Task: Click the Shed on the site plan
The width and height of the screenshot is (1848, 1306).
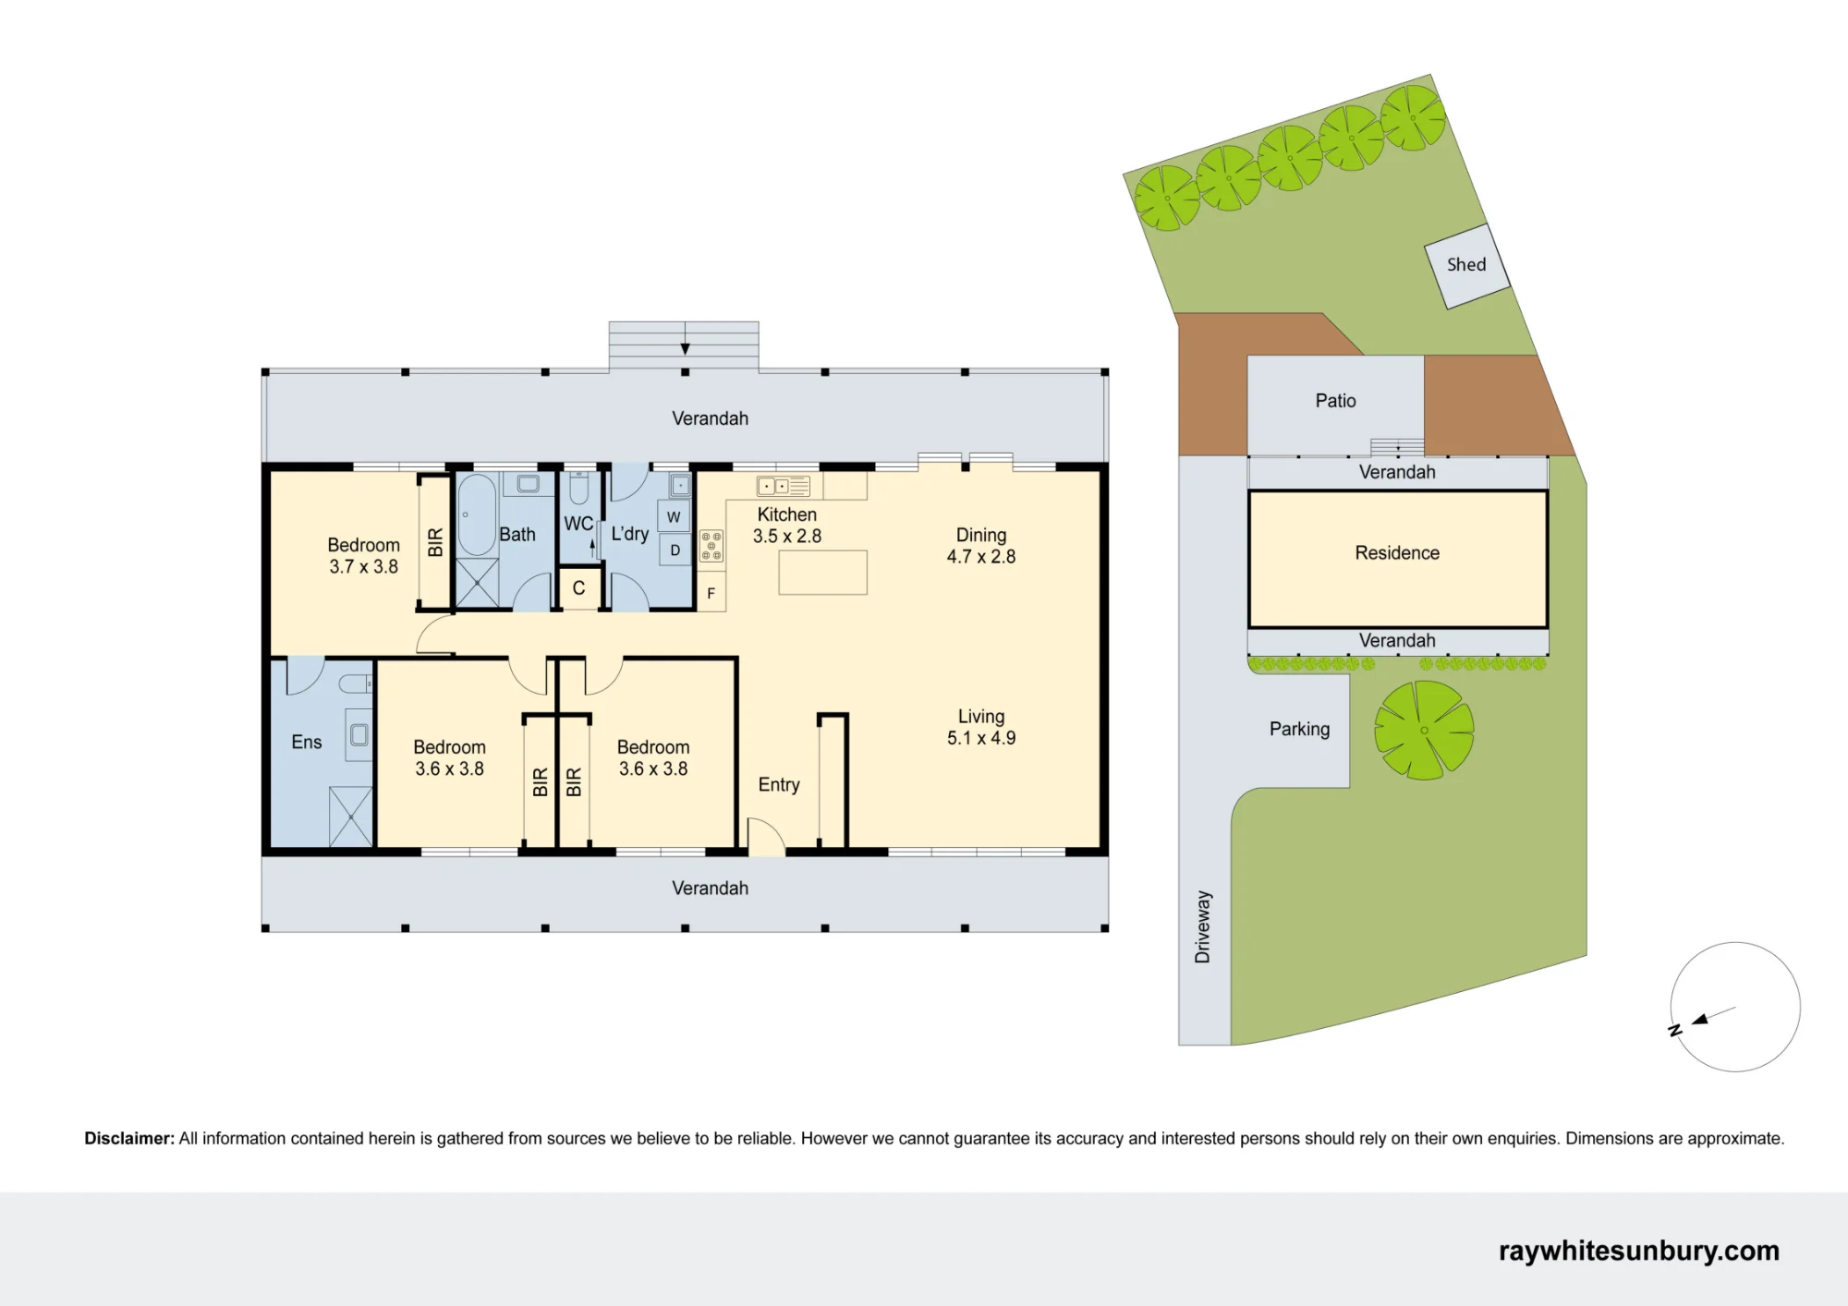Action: point(1466,266)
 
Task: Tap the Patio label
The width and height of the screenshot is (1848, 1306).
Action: point(1335,401)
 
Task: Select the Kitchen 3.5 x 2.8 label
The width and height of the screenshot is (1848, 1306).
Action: point(787,526)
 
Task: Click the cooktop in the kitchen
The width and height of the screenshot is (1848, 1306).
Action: point(711,545)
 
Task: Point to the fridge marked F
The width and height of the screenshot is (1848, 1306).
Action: point(711,593)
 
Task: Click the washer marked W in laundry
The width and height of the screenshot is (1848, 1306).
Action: point(674,516)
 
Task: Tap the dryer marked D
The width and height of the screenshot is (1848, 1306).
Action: point(675,550)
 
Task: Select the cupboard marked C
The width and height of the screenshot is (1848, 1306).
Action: point(579,588)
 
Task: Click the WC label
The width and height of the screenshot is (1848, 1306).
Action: point(578,524)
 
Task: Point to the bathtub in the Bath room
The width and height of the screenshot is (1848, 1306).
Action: point(476,514)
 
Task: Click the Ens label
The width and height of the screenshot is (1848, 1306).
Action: point(307,742)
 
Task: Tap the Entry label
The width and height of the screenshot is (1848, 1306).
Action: point(779,784)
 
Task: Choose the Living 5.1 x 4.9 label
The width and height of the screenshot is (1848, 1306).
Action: point(981,727)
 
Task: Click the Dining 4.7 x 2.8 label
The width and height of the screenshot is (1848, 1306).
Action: point(981,546)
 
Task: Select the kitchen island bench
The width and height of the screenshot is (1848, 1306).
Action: point(822,573)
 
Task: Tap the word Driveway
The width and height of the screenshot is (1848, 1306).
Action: point(1202,926)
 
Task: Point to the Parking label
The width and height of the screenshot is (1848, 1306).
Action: point(1299,729)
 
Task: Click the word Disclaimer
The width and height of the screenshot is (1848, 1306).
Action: point(129,1138)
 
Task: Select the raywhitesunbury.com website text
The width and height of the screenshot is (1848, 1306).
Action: point(1638,1251)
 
